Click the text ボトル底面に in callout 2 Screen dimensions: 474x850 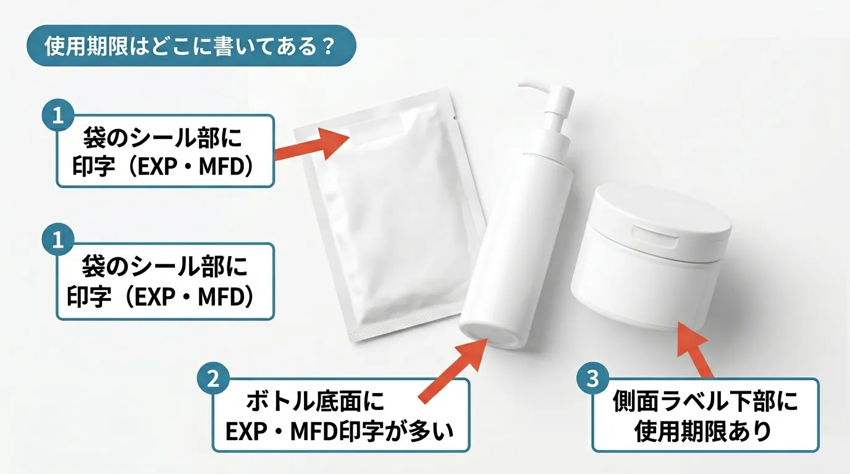(x=315, y=402)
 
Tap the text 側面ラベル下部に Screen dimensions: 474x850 (x=704, y=402)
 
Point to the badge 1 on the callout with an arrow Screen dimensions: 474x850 (x=58, y=116)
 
